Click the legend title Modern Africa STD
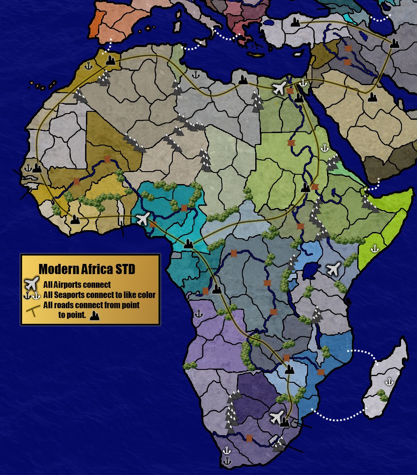[87, 269]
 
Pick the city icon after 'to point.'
[94, 316]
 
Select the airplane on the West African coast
[143, 219]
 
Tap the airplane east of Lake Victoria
[333, 268]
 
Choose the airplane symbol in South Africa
[277, 417]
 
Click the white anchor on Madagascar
[389, 381]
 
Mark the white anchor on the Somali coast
[374, 248]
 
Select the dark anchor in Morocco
[88, 67]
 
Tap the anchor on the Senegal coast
[28, 168]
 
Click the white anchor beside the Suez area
[303, 82]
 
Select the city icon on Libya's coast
[242, 80]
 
